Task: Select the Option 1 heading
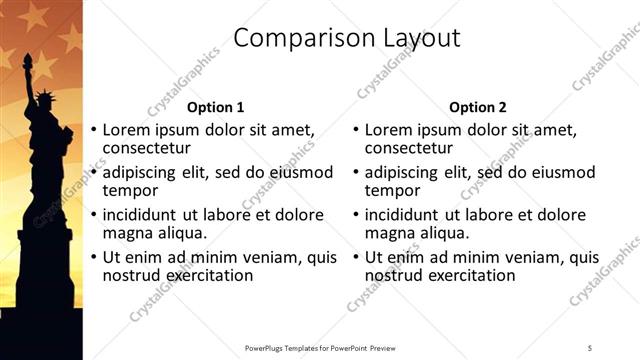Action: [215, 107]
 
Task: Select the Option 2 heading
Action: [478, 107]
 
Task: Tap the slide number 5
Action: [590, 348]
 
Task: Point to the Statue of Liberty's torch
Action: [27, 60]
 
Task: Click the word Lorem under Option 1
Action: [129, 130]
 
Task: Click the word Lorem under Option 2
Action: [391, 130]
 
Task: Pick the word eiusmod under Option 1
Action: [296, 173]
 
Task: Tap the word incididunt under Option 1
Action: [141, 215]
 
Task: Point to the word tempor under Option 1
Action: [130, 191]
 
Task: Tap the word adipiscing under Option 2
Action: [405, 173]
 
